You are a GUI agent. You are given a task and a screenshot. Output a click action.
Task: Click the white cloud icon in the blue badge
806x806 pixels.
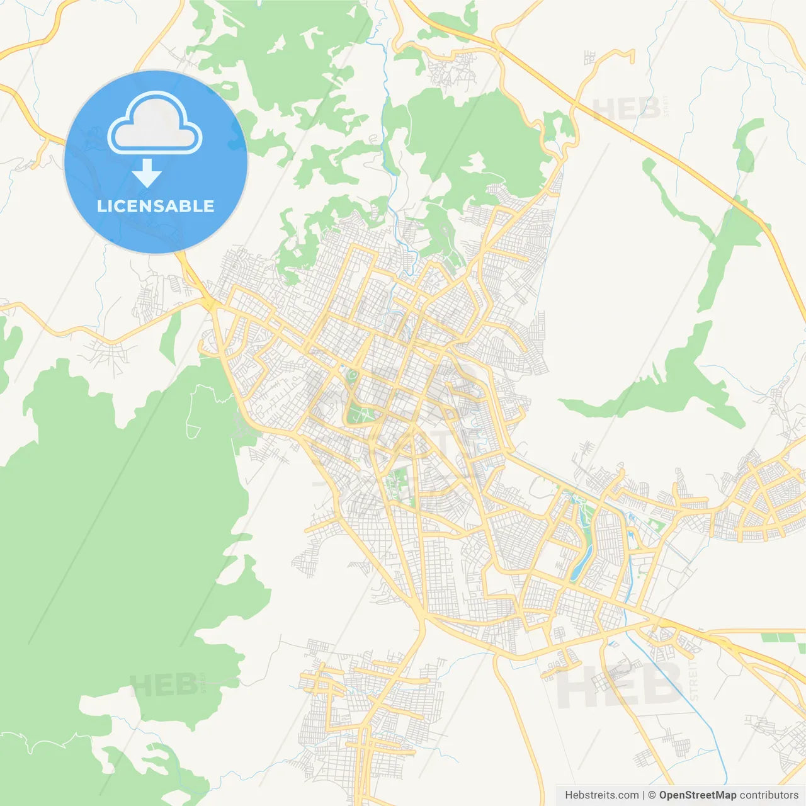(x=155, y=124)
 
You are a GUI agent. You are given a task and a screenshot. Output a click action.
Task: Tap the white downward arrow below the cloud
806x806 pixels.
(x=147, y=173)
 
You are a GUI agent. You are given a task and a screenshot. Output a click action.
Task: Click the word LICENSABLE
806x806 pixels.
(x=156, y=206)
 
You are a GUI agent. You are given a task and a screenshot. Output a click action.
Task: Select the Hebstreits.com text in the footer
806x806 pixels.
(x=601, y=795)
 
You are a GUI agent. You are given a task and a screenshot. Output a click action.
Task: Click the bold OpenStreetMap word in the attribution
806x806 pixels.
(x=697, y=795)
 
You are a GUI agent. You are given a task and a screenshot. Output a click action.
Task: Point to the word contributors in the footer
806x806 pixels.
(x=769, y=795)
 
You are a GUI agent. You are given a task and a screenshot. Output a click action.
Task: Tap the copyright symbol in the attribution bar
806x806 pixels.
(x=652, y=795)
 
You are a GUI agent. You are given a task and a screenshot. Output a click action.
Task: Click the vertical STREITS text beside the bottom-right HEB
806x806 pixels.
(x=693, y=680)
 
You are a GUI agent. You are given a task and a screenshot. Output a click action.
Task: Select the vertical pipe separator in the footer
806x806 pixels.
(x=644, y=795)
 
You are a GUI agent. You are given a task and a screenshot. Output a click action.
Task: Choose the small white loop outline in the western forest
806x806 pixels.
(x=193, y=431)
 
